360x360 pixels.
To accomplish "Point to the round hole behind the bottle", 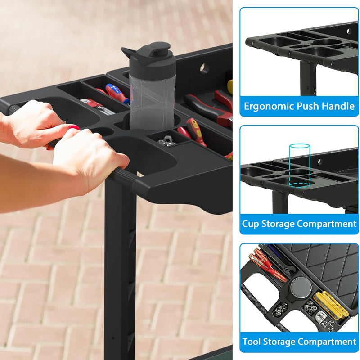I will coord(204,69).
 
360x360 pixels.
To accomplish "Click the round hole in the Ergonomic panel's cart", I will coord(347,31).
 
